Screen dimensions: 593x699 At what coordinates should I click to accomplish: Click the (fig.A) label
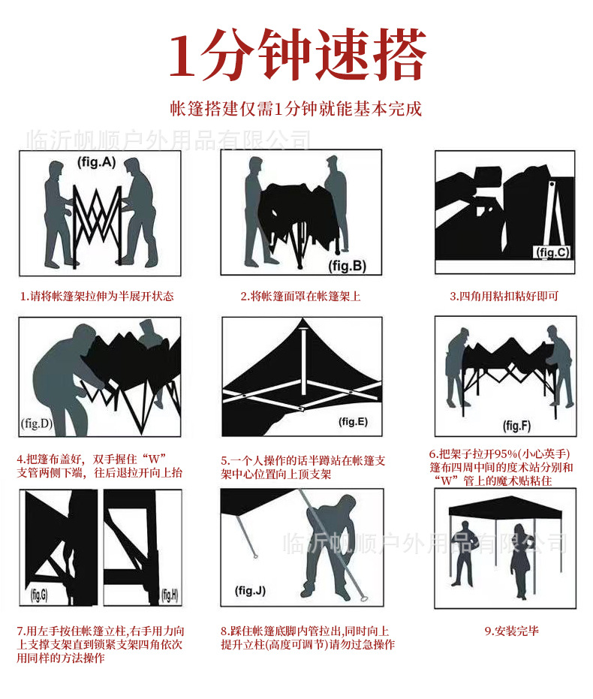(97, 162)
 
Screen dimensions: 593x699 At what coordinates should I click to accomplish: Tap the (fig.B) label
(347, 266)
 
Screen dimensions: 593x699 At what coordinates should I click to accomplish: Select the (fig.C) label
(552, 252)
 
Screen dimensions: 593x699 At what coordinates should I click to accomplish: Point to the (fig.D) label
(37, 423)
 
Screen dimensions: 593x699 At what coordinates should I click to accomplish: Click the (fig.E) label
(353, 422)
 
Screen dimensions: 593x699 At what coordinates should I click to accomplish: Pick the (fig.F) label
(517, 426)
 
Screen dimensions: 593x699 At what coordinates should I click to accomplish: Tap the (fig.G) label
(39, 595)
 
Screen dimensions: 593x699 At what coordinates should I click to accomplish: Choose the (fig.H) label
(170, 595)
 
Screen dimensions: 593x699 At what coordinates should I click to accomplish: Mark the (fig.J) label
(250, 591)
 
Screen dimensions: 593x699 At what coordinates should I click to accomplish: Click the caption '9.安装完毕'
(511, 631)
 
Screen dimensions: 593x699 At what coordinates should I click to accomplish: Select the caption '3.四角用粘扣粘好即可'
(504, 296)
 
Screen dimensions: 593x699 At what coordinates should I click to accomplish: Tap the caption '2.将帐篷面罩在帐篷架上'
(301, 296)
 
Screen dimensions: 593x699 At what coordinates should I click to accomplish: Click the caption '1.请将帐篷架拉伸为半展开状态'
(97, 296)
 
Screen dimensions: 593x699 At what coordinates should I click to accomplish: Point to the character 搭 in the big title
(400, 53)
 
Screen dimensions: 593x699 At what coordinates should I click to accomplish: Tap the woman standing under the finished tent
(520, 560)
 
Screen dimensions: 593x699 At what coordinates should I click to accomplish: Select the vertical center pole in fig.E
(303, 361)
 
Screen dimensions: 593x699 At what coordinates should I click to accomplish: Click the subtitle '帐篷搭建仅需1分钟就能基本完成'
(296, 109)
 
